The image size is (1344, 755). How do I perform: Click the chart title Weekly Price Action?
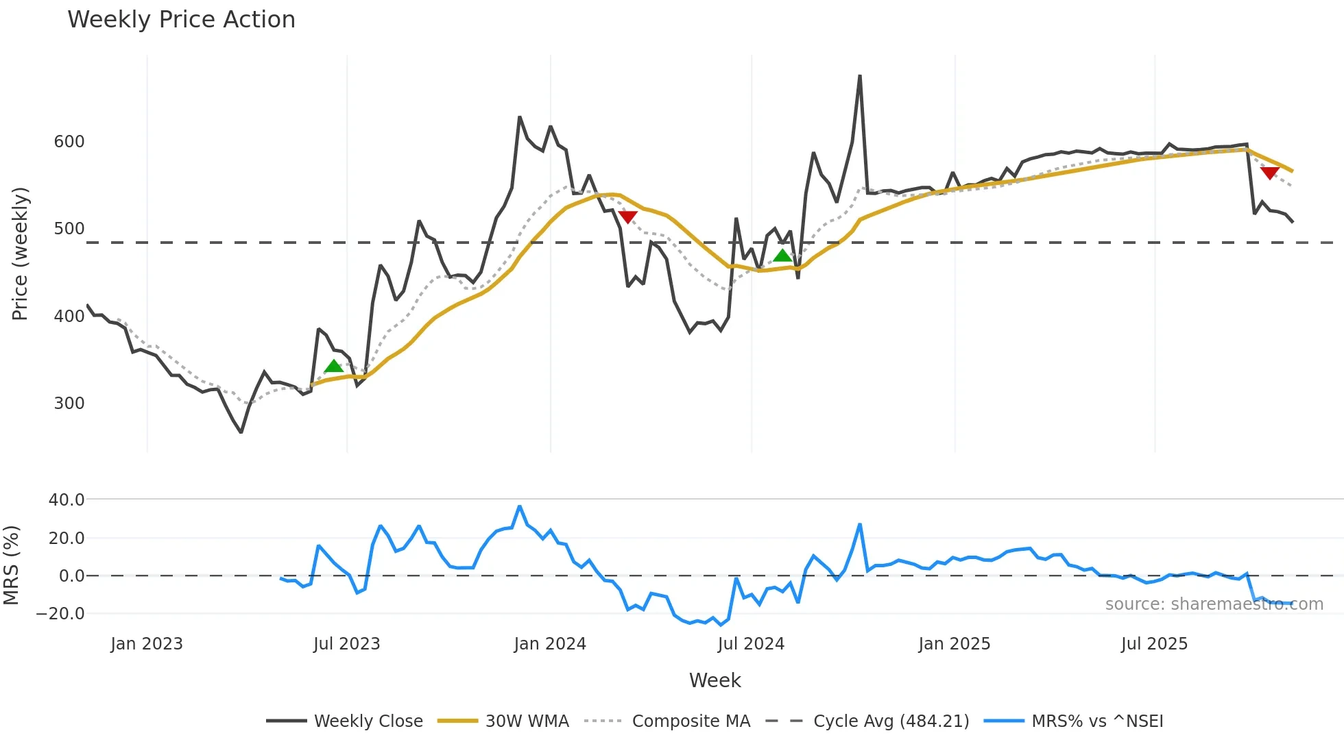point(181,20)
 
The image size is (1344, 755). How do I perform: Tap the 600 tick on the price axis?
point(69,142)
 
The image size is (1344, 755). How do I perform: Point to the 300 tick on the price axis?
point(69,404)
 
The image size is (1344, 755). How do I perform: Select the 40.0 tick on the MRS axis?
point(67,500)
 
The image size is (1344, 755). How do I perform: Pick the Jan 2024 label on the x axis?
point(550,644)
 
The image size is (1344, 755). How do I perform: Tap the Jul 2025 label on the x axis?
point(1154,644)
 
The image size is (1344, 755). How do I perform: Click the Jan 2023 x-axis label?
point(147,644)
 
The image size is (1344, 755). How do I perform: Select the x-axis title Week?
point(715,680)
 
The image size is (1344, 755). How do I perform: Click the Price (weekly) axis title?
point(21,253)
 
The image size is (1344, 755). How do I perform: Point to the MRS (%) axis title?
point(12,565)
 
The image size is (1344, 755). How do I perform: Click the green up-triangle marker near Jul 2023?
point(334,367)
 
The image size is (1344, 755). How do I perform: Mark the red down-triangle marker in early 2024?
point(627,216)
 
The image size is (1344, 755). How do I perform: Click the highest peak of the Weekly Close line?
point(860,76)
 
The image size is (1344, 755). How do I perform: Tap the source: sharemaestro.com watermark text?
point(1214,604)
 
